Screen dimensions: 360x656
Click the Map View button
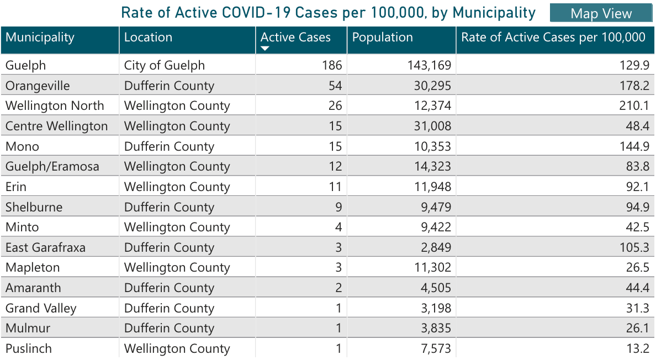tap(601, 14)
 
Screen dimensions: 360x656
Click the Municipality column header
tap(40, 38)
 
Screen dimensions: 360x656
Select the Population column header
tap(382, 38)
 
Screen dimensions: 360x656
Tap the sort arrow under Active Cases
tap(265, 49)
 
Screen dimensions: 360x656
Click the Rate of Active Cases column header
tap(553, 38)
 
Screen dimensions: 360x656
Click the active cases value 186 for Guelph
tap(332, 66)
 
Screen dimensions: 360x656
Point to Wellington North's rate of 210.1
tap(634, 105)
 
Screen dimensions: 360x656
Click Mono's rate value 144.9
tap(634, 146)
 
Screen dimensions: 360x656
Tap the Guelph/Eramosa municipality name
tap(52, 166)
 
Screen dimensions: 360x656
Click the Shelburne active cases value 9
tap(338, 207)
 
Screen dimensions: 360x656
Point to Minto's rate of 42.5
tap(637, 227)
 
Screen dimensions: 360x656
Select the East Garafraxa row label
tap(46, 247)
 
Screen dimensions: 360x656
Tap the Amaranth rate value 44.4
tap(637, 288)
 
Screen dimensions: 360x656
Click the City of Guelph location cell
tap(165, 66)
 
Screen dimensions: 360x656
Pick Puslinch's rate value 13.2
tap(637, 348)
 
